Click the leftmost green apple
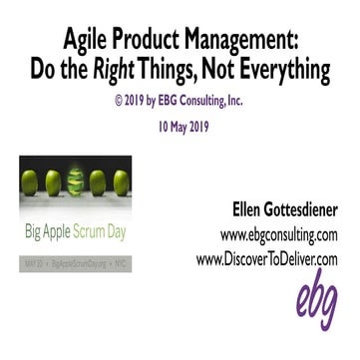[x=33, y=185]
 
